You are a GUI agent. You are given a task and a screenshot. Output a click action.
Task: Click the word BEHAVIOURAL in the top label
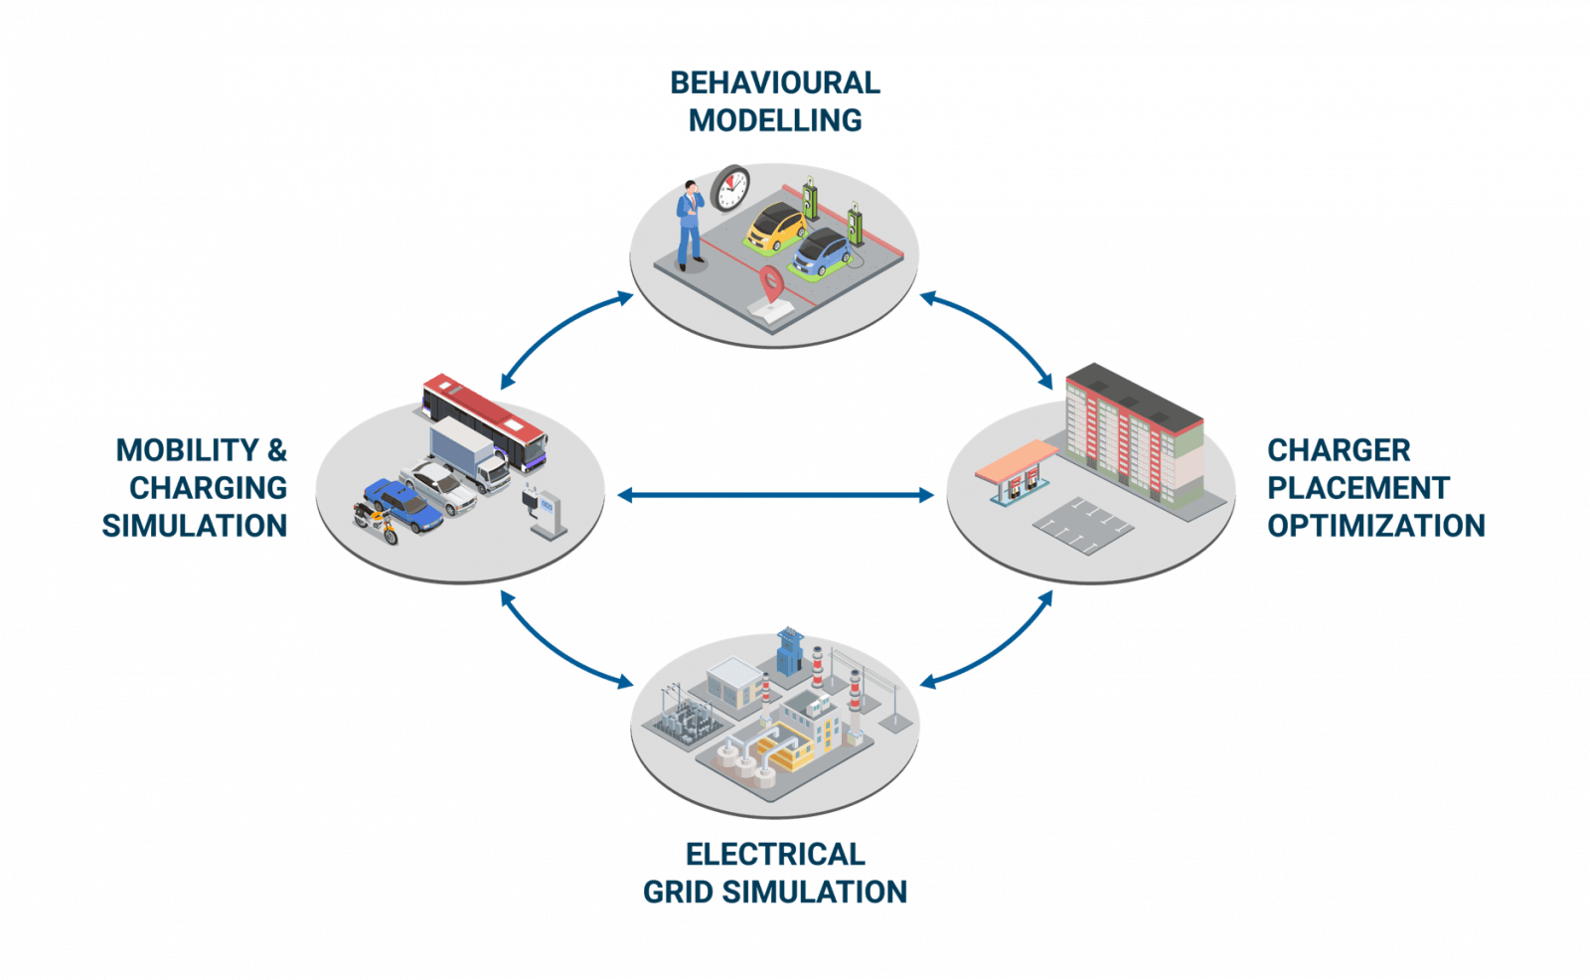pos(775,83)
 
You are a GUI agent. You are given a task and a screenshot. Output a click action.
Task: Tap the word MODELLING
pos(775,120)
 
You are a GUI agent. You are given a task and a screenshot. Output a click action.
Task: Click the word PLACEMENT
pos(1358,488)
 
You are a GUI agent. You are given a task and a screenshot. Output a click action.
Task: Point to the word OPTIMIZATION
pos(1376,526)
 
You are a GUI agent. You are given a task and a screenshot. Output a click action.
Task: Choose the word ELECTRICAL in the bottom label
pos(775,855)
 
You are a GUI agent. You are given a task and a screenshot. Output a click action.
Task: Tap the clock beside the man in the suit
pos(730,189)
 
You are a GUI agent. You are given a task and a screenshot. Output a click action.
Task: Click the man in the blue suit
pos(690,226)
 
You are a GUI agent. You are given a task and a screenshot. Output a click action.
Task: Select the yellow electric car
pos(776,226)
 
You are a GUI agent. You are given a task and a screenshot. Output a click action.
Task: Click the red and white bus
pos(485,421)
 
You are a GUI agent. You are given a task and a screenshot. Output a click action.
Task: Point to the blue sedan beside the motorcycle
pos(403,505)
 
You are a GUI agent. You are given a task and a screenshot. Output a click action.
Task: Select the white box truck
pos(469,454)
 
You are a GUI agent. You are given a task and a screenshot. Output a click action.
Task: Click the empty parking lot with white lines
pos(1083,526)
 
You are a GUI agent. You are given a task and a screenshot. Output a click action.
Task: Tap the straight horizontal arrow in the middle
pos(775,496)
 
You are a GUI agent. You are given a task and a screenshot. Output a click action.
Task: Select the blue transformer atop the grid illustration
pos(789,652)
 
